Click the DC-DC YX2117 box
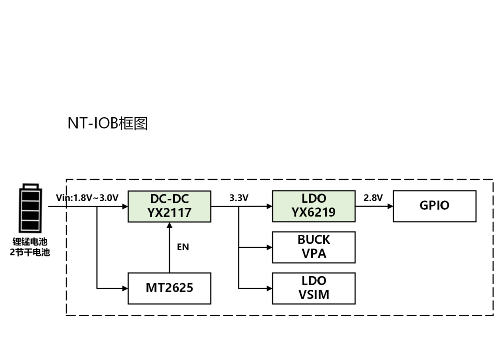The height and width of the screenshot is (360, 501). pos(169,206)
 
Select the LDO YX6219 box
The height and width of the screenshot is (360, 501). pos(313,206)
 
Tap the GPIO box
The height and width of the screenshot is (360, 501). pos(434,206)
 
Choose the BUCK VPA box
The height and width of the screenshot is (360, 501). pos(313,247)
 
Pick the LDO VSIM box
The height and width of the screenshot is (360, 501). pos(313,288)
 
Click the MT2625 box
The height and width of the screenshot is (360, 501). pos(169,288)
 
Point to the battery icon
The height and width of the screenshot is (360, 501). pos(31,208)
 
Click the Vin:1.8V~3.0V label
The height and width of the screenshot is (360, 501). pos(87,198)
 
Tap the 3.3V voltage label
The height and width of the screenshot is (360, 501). pos(239,198)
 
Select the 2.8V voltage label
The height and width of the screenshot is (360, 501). pos(373,198)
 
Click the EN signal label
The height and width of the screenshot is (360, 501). pos(183,247)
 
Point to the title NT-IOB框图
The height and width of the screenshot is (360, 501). pos(107,124)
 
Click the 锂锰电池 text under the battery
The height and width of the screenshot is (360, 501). pos(30,242)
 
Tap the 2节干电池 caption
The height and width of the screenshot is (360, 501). pos(30,252)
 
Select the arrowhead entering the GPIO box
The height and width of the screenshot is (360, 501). pos(390,206)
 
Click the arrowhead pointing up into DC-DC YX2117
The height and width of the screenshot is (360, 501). pos(169,225)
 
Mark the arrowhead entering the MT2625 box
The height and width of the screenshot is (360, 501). pos(125,289)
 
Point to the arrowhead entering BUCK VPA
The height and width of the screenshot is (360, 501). pos(269,247)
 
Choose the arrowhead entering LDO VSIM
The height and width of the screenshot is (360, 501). pos(269,289)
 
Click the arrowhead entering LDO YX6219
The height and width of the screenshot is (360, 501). pos(269,206)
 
